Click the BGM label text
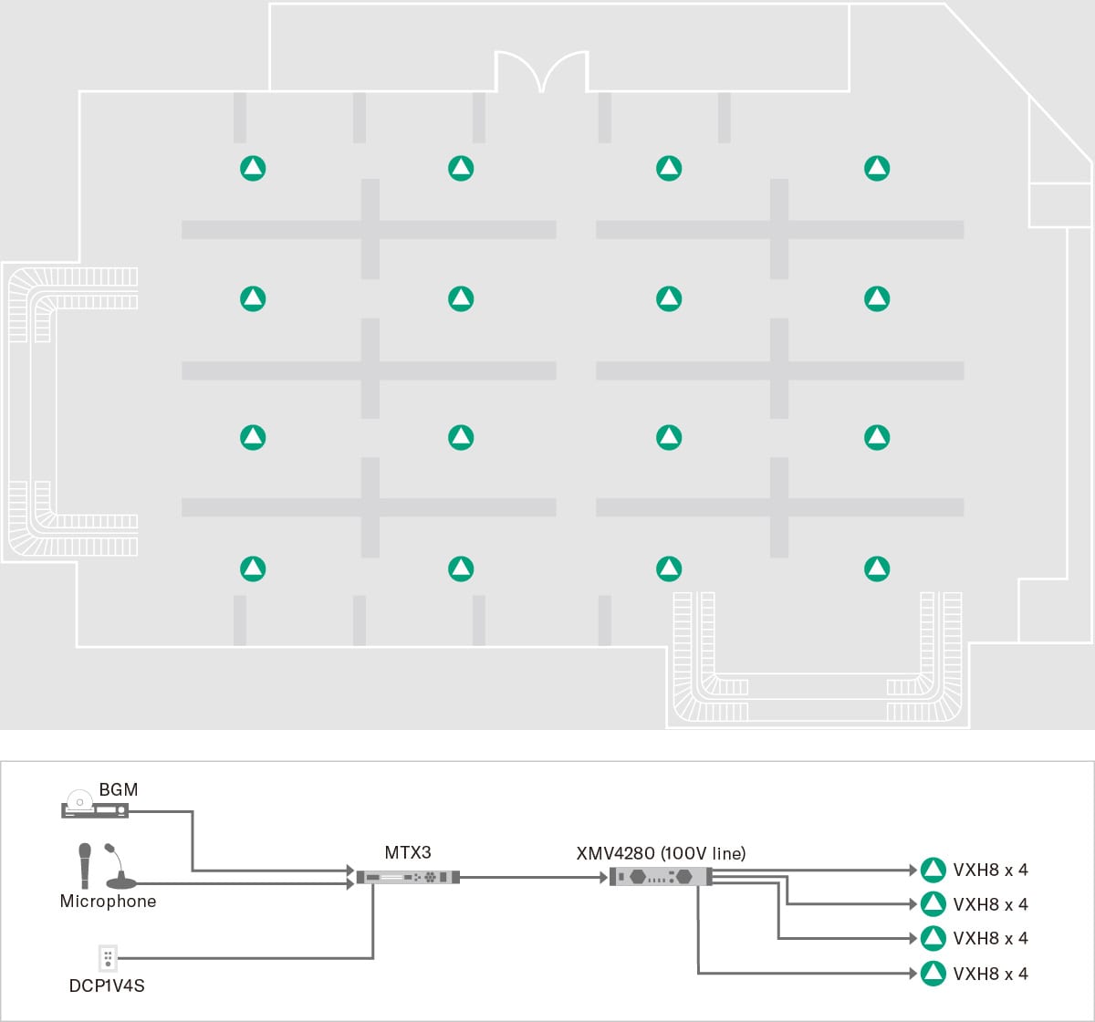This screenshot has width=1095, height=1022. tap(119, 789)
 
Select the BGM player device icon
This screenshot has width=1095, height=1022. tap(95, 808)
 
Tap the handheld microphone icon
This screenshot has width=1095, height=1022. tap(85, 865)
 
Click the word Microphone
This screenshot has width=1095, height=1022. tap(108, 902)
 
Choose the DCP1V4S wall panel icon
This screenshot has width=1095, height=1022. tap(108, 957)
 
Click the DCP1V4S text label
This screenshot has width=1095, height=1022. tap(107, 986)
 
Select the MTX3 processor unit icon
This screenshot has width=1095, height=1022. tap(407, 877)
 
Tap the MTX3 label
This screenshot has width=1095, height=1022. tap(407, 853)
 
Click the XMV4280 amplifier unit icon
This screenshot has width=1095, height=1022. tap(660, 877)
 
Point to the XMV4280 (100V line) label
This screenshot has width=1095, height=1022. tap(661, 854)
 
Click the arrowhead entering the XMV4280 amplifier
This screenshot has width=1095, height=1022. tap(603, 878)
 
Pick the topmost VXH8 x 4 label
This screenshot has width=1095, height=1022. tap(990, 870)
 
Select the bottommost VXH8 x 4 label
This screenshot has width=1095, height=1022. tap(990, 974)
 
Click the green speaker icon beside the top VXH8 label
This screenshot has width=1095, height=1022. tap(933, 870)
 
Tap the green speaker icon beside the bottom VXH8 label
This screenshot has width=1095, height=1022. tap(933, 974)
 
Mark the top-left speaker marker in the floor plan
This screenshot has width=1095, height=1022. tap(253, 168)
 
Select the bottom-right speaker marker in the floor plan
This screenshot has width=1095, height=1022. tap(877, 568)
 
